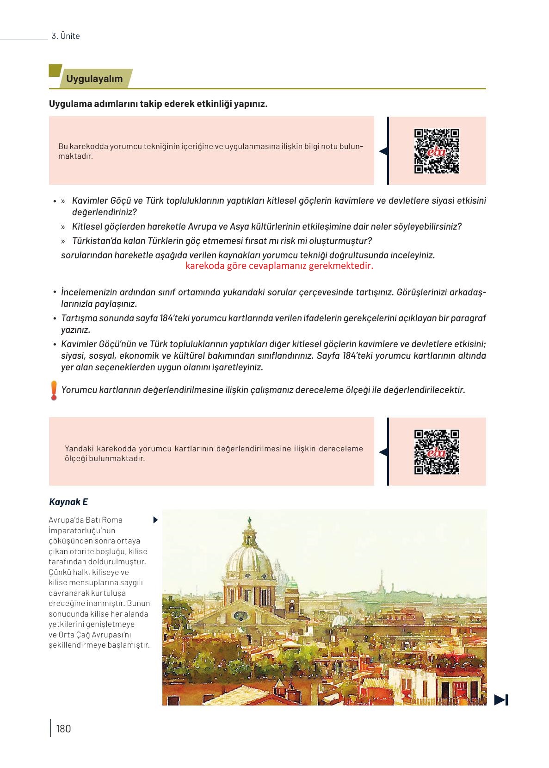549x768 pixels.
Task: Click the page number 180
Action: pos(63,729)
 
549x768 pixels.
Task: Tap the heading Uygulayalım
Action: pos(94,79)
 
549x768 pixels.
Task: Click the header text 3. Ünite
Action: pos(66,36)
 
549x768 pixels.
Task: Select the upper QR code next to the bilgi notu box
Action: pos(437,151)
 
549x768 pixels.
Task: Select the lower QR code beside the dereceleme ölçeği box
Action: pos(437,452)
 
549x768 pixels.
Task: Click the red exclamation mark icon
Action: pos(54,390)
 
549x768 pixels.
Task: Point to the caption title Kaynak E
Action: pos(68,502)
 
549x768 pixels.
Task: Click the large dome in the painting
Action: pos(249,562)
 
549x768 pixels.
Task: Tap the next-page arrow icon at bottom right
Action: pos(501,699)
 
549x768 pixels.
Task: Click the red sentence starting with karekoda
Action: pos(279,266)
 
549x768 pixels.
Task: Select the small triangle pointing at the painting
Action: pos(155,520)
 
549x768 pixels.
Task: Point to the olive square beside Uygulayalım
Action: pos(55,70)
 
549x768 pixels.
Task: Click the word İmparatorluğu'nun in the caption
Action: pos(82,531)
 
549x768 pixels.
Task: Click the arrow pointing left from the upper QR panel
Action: pos(383,151)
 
